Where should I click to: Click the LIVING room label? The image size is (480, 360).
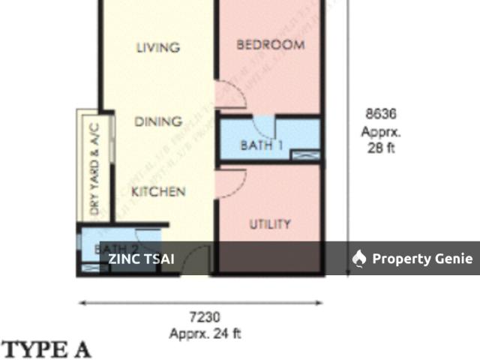[157, 47]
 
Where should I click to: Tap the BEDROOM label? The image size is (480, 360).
[271, 45]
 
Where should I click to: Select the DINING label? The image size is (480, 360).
[157, 121]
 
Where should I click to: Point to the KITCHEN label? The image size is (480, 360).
[158, 192]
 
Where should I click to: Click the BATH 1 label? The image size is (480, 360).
[261, 145]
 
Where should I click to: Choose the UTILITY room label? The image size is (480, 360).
[270, 224]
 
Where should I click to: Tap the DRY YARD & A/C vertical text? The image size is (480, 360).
[94, 169]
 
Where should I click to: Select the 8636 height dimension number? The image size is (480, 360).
[380, 115]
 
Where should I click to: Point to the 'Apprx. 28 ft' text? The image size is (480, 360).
[380, 139]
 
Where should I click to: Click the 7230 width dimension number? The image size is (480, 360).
[204, 318]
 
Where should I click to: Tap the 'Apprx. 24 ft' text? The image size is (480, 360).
[205, 334]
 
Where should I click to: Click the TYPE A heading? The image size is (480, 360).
[46, 349]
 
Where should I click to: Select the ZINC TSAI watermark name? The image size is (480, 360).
[141, 259]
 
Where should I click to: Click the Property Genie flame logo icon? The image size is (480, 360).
[359, 259]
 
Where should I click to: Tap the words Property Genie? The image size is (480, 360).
[422, 259]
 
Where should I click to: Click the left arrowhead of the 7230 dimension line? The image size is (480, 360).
[82, 303]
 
